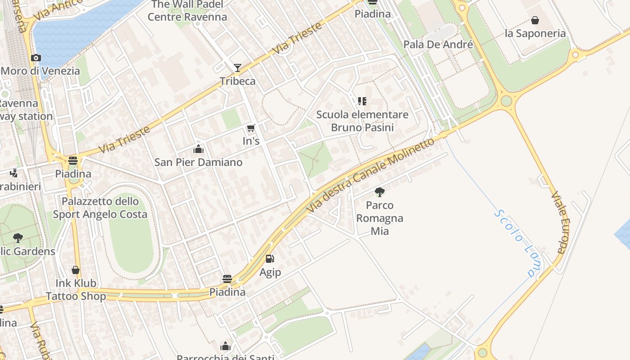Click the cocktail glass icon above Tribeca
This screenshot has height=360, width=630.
pos(238,68)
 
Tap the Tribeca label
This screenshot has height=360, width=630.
pos(238,81)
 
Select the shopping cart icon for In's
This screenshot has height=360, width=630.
pos(251,128)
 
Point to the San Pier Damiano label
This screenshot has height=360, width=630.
pos(198,162)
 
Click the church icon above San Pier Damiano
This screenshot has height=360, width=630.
pos(198,149)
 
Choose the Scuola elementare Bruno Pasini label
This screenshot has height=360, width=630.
pos(362,121)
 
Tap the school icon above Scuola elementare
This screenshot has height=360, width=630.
pos(362,101)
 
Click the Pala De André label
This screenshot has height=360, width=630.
pos(438,45)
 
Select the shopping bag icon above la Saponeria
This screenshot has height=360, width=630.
pos(535,20)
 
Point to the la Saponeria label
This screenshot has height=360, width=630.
pos(535,33)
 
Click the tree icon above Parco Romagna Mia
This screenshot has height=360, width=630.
pos(380,192)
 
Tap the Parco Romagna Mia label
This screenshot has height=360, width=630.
pos(380,218)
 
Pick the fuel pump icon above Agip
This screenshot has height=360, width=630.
pos(270,259)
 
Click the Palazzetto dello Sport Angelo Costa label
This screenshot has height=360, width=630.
pos(100,207)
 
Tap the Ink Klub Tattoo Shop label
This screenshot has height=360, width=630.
pos(76,289)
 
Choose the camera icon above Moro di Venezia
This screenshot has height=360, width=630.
pos(36,58)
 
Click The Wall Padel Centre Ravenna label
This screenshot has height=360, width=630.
pos(187,11)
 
